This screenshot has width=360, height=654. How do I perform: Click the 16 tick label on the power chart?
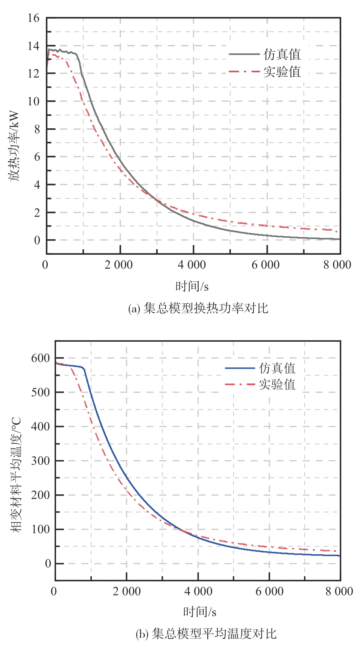(33, 18)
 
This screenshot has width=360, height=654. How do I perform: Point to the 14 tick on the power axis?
(33, 46)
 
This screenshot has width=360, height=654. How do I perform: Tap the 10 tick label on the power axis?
(33, 101)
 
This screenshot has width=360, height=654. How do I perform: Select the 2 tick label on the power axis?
(36, 213)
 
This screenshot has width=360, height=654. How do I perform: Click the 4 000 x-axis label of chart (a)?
(192, 265)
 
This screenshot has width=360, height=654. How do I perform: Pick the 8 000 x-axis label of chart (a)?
(337, 265)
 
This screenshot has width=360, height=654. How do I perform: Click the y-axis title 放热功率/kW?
(14, 146)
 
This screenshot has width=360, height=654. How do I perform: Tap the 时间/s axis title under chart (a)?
(192, 287)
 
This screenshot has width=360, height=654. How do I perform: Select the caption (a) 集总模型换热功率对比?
(198, 309)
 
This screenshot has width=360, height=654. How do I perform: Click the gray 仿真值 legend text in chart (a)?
(282, 55)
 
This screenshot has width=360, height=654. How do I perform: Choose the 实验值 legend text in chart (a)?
(282, 71)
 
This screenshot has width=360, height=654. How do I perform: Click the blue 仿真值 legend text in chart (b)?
(277, 368)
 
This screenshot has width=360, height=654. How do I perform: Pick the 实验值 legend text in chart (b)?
(277, 385)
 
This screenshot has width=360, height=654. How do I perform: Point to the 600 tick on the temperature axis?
(41, 358)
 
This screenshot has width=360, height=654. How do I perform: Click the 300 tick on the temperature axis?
(41, 461)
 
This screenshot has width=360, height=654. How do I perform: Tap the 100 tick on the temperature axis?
(41, 529)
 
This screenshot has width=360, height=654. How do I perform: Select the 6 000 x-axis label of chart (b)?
(269, 591)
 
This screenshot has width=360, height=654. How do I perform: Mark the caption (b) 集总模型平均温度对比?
(206, 634)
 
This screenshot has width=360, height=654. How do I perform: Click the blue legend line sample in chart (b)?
(240, 368)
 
